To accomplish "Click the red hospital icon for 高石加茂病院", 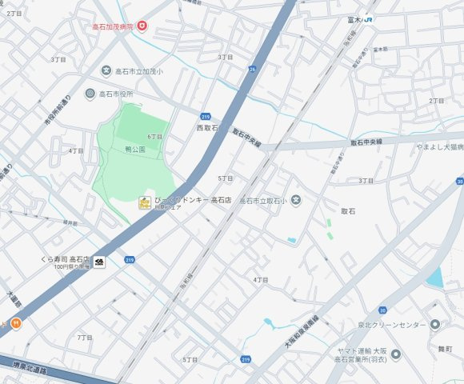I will click(142, 26).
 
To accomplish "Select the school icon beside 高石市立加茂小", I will click(106, 71).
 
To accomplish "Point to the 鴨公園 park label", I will click(134, 150).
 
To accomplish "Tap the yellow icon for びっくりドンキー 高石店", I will click(143, 202).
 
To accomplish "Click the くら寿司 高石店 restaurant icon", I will click(99, 262).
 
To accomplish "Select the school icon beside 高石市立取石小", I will click(296, 200).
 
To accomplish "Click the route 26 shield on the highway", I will click(253, 69).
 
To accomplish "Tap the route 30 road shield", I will click(382, 310).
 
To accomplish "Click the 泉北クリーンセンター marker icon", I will click(434, 325).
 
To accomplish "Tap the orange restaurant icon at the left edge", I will click(15, 323).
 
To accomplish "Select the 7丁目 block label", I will click(85, 338).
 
